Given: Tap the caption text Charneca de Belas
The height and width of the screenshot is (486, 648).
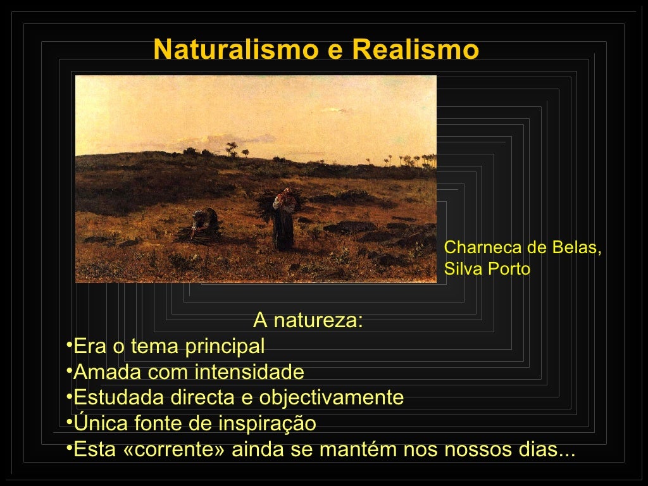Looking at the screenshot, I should tap(523, 247).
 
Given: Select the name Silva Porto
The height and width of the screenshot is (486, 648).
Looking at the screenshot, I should tap(487, 269).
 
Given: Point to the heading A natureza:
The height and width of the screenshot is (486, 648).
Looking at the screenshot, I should tap(308, 321).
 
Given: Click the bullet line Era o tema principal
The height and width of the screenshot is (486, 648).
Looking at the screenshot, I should tap(169, 347).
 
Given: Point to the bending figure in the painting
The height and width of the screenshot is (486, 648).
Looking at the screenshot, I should tap(204, 225).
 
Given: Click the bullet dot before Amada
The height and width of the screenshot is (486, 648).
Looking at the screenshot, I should tap(69, 370).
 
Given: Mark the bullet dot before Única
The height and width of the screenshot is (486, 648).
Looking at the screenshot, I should tap(69, 421).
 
